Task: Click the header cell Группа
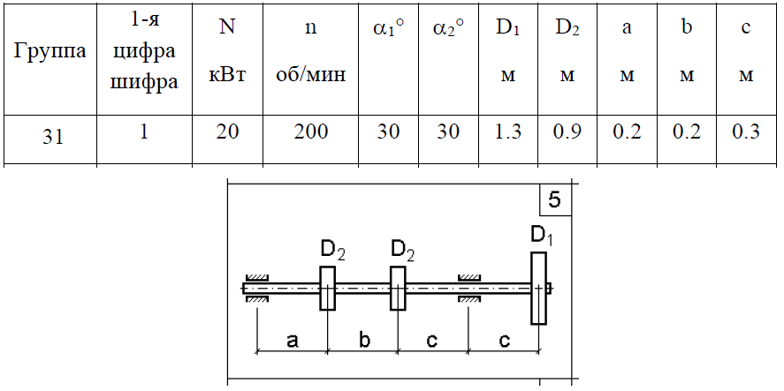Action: pos(49,52)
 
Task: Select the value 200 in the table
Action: pos(311,132)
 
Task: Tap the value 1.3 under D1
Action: pos(508,132)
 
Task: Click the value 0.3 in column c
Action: pos(745,132)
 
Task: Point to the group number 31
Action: pos(52,136)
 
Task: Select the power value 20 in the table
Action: pos(227,132)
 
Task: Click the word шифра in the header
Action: pos(144,82)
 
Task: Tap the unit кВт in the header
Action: pos(227,76)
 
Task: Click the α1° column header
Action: pos(389,29)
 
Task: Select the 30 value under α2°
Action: pos(448,132)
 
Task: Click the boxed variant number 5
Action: pos(554,199)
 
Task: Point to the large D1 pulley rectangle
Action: pos(538,288)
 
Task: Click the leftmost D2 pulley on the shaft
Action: pos(327,288)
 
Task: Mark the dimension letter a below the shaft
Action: pos(293,341)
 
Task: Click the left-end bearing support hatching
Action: pos(257,288)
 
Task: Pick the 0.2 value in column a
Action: pos(627,132)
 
